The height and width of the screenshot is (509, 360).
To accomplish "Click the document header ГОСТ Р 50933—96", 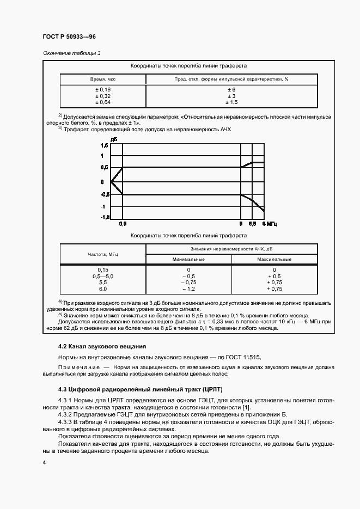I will point(69,36).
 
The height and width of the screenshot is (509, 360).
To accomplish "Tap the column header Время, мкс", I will point(103,79).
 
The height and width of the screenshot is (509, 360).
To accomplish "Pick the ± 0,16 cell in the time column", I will point(103,89).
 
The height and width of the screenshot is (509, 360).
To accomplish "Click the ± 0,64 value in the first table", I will point(103,102).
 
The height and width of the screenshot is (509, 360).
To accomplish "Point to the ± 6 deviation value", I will point(231,89).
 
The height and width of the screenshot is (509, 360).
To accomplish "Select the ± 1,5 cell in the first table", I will point(231,102).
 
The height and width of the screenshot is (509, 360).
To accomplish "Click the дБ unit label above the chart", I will point(114,140).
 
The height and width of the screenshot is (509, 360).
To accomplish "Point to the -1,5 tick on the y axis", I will point(105,217).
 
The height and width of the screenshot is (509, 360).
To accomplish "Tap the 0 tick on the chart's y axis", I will point(102,181).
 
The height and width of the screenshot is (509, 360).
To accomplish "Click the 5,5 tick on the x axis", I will point(253,224).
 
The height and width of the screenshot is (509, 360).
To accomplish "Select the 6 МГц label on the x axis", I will point(269,224).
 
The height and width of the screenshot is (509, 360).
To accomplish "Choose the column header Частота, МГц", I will point(102,254).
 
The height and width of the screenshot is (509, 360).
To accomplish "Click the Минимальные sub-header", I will point(188,259).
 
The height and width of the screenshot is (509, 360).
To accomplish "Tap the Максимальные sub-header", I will point(274,259).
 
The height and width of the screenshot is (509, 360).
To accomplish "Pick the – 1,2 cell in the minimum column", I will point(188,289).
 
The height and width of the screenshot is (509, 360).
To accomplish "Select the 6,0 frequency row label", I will point(103,289).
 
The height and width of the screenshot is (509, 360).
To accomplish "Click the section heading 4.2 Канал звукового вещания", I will point(102,347).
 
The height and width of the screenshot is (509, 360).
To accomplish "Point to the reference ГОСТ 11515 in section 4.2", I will point(243,357).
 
